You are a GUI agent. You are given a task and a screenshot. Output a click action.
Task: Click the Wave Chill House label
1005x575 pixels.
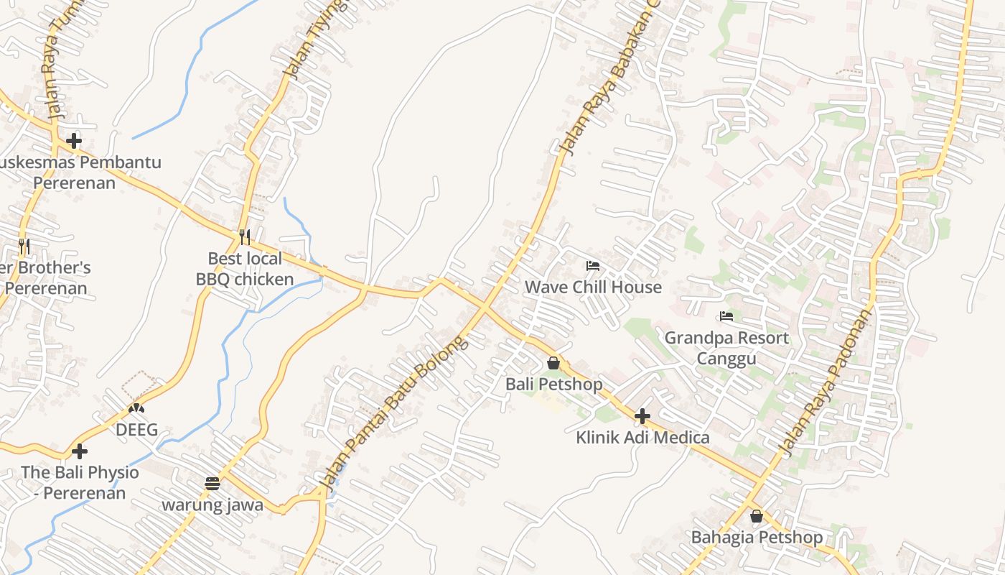[x=593, y=287]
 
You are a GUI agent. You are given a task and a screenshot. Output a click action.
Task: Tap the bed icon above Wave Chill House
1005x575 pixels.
[x=593, y=266]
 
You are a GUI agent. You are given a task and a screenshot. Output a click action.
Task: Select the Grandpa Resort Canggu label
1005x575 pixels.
[x=726, y=348]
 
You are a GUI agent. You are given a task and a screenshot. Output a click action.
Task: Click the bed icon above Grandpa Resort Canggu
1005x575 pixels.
[x=726, y=316]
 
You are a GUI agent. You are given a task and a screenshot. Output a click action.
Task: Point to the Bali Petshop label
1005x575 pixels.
[x=553, y=384]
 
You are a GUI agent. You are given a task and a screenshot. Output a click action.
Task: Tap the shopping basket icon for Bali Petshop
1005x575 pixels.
[x=553, y=363]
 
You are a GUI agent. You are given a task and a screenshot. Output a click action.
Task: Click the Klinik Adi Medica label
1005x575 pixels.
[x=642, y=437]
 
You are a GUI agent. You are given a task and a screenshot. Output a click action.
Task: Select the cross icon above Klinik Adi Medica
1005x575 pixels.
[x=642, y=415]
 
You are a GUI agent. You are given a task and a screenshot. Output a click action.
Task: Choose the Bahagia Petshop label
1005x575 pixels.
[x=757, y=537]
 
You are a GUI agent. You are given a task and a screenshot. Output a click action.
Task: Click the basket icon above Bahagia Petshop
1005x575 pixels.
[x=757, y=516]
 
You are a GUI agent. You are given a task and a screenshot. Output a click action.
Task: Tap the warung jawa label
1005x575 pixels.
[x=212, y=505]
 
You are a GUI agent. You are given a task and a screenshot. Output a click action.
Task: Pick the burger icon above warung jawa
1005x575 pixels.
[x=212, y=483]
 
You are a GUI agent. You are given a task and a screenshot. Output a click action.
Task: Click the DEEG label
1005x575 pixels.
[x=136, y=430]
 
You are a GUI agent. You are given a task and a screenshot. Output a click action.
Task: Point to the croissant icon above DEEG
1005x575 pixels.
[x=136, y=408]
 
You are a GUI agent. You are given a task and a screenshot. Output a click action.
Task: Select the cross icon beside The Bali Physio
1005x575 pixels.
[x=80, y=451]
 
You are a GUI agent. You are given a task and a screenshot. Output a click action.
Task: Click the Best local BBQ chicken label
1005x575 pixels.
[x=245, y=269]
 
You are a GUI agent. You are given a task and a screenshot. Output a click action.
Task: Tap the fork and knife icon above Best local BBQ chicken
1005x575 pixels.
[x=245, y=236]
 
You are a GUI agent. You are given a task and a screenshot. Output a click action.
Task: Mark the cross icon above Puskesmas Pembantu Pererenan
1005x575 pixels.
[x=73, y=141]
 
